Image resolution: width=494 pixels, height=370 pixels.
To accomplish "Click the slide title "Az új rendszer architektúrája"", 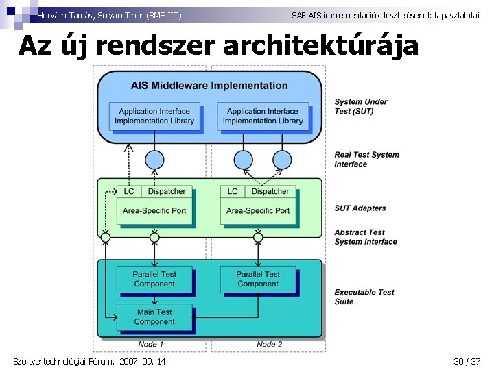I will point(218,45).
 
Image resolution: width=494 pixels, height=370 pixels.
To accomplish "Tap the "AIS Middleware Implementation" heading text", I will point(209,86).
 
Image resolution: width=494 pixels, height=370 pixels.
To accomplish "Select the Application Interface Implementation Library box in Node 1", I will point(154,116).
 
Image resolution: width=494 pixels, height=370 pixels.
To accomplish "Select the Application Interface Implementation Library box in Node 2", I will point(263,116).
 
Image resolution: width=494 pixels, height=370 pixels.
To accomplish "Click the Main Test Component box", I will point(154,317).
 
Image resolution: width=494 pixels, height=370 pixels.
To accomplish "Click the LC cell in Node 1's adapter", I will point(129,192).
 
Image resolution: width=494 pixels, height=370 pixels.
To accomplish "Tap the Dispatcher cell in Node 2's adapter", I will point(270,192).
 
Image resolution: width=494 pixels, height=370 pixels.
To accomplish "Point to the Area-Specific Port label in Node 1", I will point(154,211).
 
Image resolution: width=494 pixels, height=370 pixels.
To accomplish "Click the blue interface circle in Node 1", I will point(154,160).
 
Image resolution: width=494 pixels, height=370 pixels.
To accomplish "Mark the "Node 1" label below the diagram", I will point(150,344).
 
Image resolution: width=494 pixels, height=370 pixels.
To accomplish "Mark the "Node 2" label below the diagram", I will point(270,344).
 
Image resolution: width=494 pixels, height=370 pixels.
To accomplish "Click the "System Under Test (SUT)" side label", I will point(361,107).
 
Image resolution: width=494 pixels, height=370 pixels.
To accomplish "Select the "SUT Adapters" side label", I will point(360,208).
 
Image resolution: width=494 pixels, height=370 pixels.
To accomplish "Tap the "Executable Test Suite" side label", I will point(364,297).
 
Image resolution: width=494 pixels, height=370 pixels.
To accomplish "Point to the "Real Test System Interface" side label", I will point(366,160).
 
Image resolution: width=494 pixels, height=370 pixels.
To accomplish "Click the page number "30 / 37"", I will point(467,361).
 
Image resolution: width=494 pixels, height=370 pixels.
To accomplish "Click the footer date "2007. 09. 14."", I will point(144,361).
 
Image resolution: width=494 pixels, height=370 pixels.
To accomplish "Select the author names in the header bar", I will point(110,15).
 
